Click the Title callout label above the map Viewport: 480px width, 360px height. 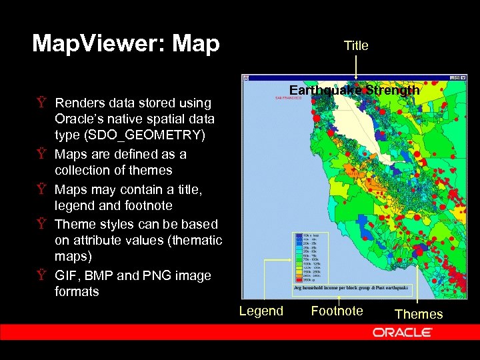pos(355,45)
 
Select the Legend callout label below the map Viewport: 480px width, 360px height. pos(261,311)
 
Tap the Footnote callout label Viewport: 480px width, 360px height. pos(337,311)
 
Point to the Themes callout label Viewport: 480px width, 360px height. pos(418,314)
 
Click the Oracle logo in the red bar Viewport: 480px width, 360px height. pos(405,332)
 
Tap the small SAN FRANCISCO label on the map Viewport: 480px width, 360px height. pos(288,98)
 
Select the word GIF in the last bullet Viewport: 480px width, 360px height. pos(66,275)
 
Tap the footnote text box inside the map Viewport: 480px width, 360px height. pos(354,288)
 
